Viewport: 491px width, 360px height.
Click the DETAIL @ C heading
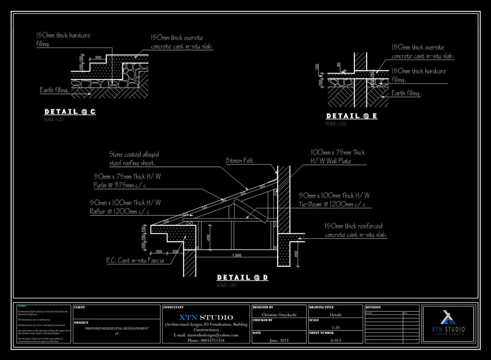coord(70,112)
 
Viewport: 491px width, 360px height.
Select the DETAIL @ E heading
coord(351,116)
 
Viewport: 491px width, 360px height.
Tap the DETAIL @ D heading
coord(242,278)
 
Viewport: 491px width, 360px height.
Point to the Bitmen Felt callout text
coord(239,161)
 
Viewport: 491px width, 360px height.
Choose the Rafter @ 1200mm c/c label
coord(125,207)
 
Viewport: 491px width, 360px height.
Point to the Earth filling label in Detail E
coord(406,94)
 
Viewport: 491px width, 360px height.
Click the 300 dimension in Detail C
coord(98,58)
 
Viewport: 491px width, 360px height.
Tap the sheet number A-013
coord(335,340)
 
